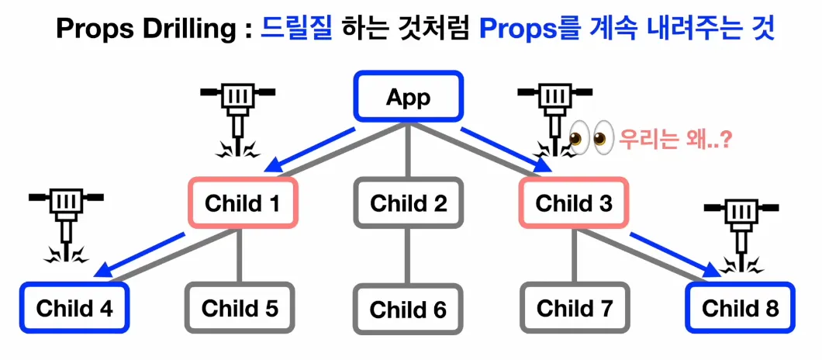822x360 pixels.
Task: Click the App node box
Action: click(x=409, y=99)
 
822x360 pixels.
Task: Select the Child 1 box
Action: click(x=242, y=203)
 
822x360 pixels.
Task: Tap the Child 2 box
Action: click(x=409, y=203)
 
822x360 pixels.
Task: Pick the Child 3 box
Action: click(x=575, y=203)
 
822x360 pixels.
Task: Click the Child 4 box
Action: click(x=74, y=308)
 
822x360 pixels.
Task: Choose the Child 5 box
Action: click(x=240, y=308)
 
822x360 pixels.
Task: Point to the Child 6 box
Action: click(x=409, y=310)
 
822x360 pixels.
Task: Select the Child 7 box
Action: click(x=575, y=308)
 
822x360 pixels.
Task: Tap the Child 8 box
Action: click(x=741, y=308)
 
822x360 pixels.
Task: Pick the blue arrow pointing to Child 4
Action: click(x=143, y=253)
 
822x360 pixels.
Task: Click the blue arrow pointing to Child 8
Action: click(x=672, y=253)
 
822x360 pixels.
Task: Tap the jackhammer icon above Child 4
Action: click(x=65, y=221)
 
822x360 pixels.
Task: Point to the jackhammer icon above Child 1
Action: click(x=236, y=116)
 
